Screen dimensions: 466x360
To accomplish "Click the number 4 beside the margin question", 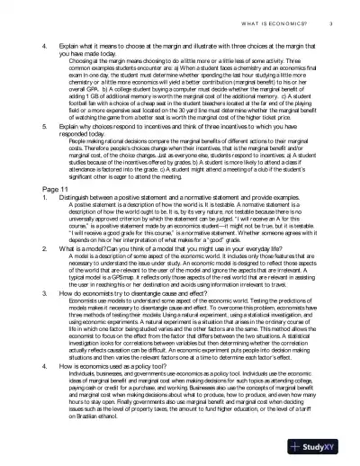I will [30, 43].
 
